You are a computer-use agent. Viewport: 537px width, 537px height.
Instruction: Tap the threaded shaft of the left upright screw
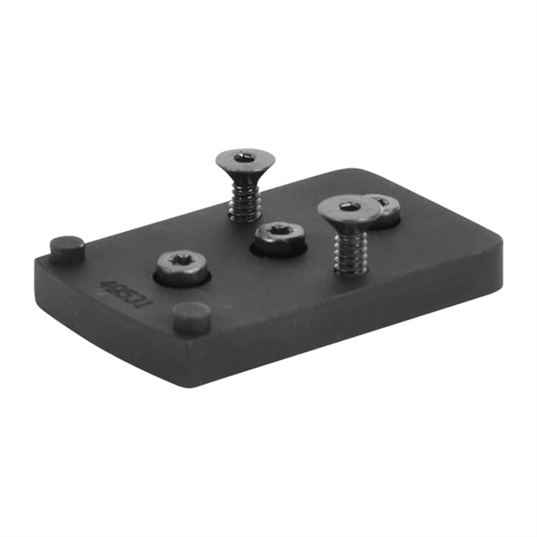click(243, 204)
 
